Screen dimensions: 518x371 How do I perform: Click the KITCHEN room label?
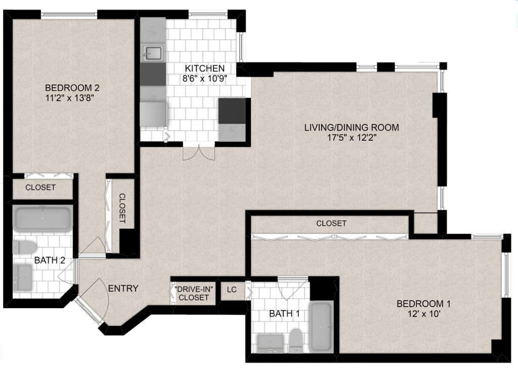(204, 68)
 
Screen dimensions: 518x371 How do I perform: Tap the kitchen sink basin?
(153, 53)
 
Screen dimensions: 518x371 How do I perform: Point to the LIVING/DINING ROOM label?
(352, 128)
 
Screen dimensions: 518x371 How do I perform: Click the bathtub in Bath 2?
(42, 219)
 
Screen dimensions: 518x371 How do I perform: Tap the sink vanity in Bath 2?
(22, 277)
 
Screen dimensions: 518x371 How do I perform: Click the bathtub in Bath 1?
(321, 326)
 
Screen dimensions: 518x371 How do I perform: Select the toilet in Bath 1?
(296, 340)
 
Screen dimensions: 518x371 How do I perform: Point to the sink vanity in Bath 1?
(270, 343)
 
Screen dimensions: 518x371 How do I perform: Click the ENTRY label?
(123, 288)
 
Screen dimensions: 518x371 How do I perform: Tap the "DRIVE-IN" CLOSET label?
(194, 293)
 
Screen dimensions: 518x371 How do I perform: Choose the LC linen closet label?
(232, 290)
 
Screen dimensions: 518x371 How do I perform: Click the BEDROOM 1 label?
(423, 304)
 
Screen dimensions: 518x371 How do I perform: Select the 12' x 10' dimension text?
(424, 313)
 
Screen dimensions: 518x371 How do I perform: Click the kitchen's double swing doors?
(199, 153)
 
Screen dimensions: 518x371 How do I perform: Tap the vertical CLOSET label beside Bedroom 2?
(122, 209)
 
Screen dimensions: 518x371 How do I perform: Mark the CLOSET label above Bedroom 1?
(331, 224)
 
